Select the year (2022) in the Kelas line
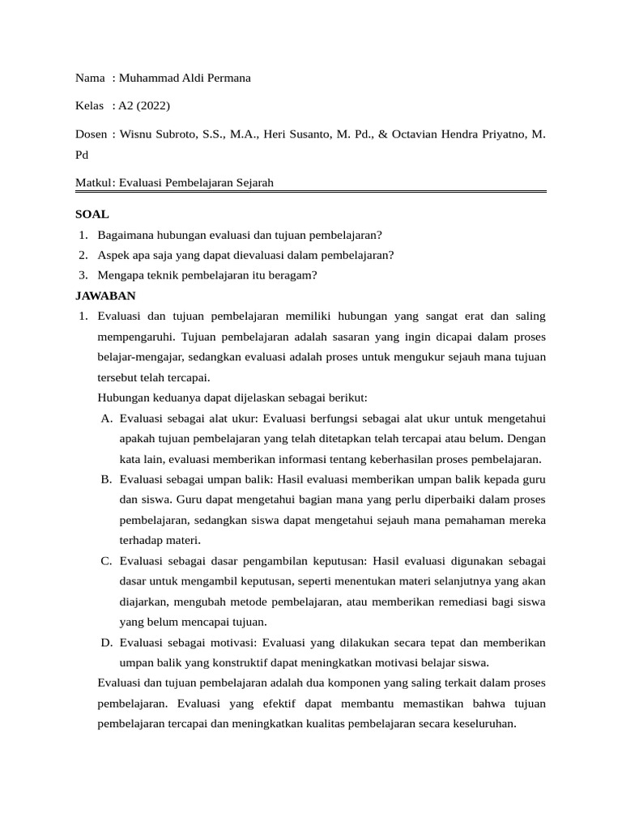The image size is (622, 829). coord(152,105)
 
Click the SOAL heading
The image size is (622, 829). coord(92,215)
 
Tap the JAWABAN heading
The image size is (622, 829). coord(105,295)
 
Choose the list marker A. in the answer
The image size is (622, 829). coord(107,419)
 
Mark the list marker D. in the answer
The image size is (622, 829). coord(107,642)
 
